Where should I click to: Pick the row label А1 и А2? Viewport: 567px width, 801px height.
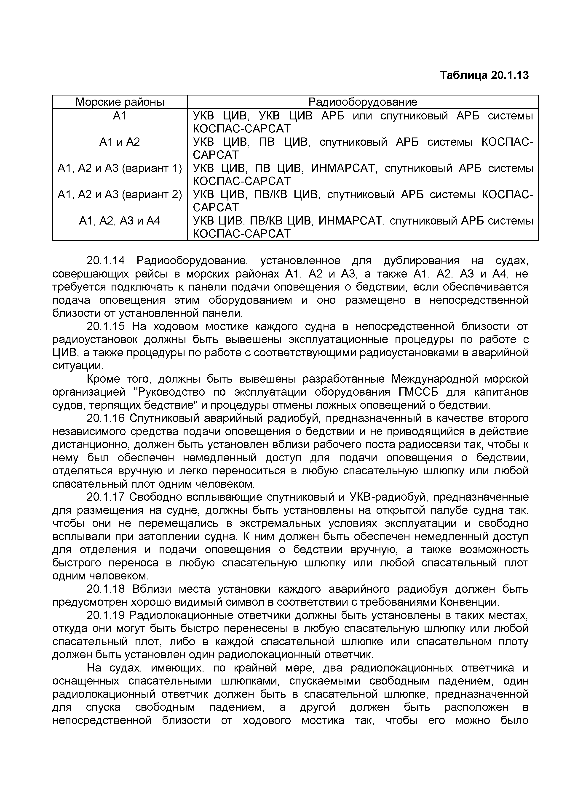[x=120, y=142]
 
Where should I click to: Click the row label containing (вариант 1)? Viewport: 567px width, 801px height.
[x=120, y=169]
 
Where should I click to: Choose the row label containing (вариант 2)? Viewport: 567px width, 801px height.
[x=120, y=195]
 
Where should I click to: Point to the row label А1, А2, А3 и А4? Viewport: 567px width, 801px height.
[x=120, y=221]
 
